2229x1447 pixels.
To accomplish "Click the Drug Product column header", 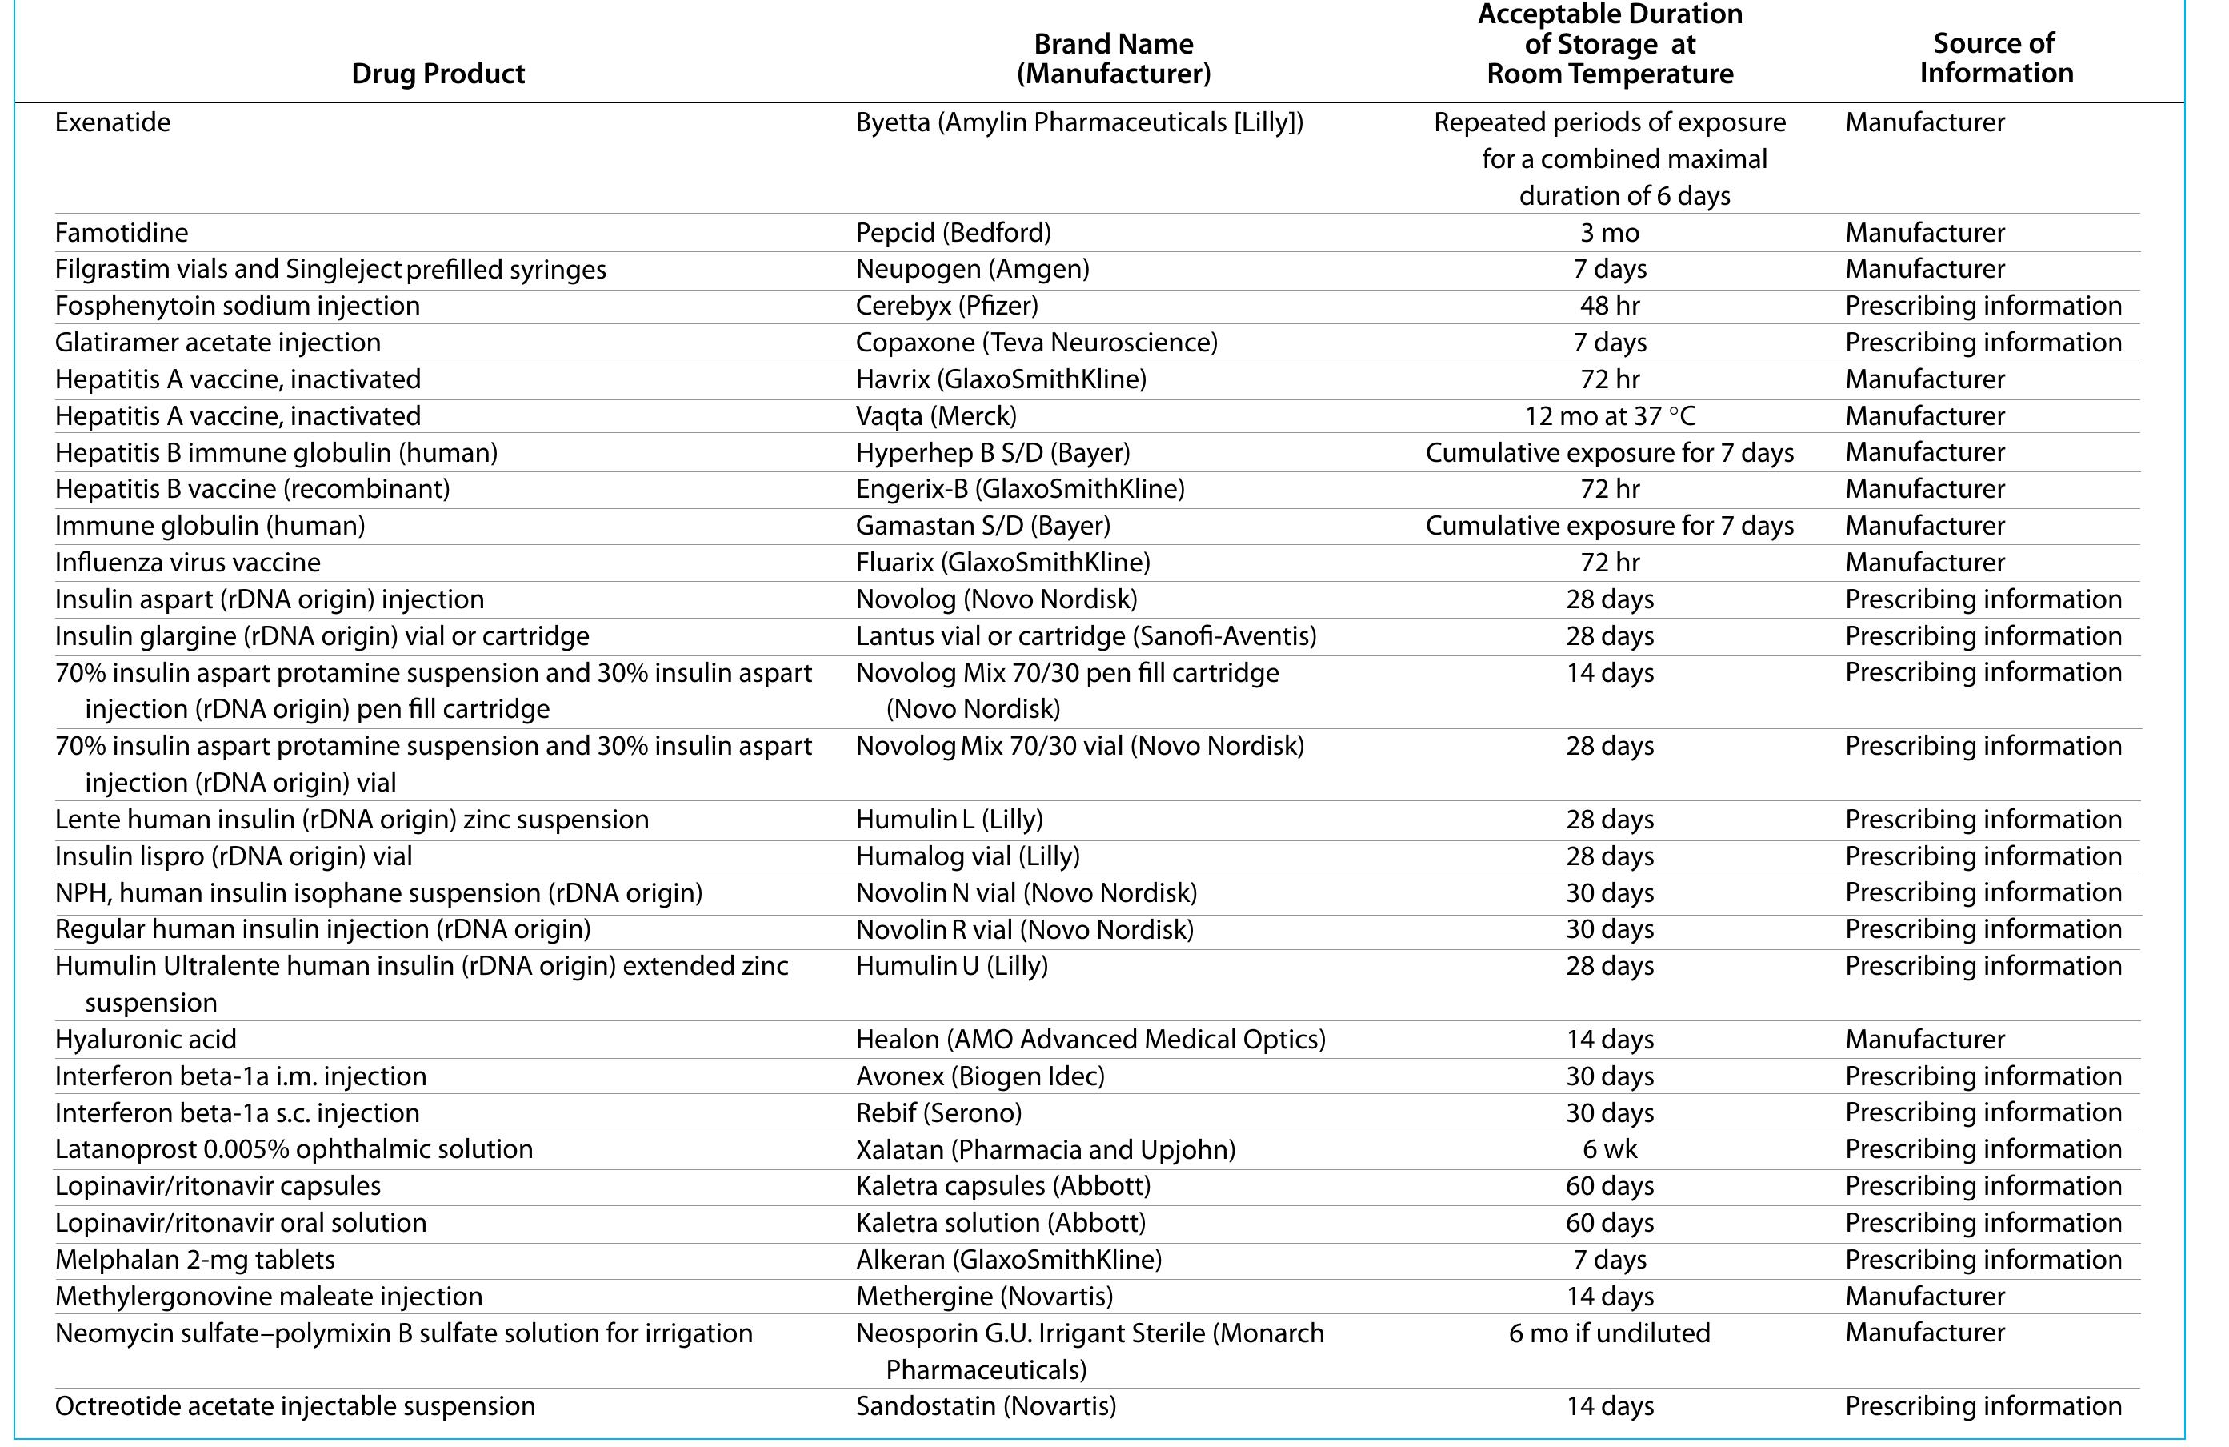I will (438, 73).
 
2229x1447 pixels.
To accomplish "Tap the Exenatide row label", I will (112, 122).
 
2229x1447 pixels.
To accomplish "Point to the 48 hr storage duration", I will (1609, 305).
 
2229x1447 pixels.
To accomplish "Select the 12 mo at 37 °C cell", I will (1609, 416).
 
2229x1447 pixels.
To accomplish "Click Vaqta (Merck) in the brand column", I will (935, 416).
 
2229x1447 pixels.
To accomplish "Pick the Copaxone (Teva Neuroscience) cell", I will (1036, 342).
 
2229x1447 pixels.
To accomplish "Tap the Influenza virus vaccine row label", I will (187, 562).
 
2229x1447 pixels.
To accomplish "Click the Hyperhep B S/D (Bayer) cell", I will (992, 452).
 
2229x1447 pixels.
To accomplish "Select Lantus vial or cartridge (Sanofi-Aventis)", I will (1086, 636).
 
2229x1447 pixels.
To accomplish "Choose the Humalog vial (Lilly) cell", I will (966, 856).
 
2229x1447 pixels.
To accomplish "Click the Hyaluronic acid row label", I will (145, 1040).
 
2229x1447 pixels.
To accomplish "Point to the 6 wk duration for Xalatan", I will (1609, 1149).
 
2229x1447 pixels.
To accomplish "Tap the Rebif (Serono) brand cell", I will (938, 1112).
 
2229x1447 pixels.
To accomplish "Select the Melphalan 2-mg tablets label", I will (194, 1260).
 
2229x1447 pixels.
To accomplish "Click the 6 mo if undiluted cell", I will (1609, 1333).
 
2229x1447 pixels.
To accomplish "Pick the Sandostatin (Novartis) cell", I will (985, 1406).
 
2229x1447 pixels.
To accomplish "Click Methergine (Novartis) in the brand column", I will (983, 1297).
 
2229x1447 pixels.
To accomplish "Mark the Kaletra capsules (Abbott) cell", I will (1002, 1186).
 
